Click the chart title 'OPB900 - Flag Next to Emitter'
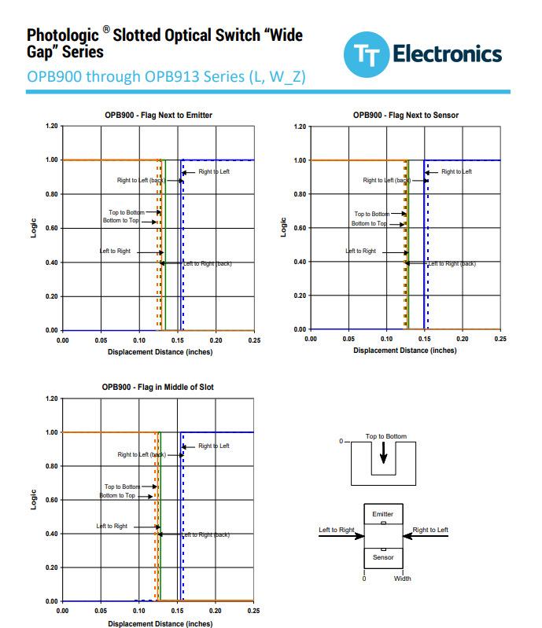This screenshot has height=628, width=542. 158,116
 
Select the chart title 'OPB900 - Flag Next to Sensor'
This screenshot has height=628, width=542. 406,116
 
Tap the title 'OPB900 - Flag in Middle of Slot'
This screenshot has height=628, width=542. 157,387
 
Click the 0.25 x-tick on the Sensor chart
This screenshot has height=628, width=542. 500,339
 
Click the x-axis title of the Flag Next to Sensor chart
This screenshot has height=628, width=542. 405,351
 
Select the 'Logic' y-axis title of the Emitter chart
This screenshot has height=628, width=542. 34,228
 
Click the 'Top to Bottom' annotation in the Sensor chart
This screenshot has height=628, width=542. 371,214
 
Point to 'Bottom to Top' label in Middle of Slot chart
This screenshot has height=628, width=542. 117,496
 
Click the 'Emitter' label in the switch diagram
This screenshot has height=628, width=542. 382,514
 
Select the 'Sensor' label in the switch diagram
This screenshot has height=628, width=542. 382,557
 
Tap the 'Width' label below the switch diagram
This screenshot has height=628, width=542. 402,579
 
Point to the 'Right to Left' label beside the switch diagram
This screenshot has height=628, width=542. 430,531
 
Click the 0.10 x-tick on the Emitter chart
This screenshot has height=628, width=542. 139,339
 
